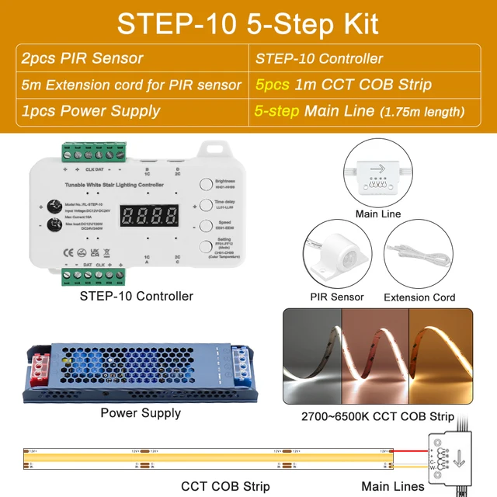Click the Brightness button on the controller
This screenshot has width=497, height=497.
pyautogui.click(x=206, y=185)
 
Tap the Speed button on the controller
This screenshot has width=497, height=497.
pyautogui.click(x=206, y=227)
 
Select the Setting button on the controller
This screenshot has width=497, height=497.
pyautogui.click(x=206, y=248)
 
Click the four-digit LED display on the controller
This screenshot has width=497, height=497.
pyautogui.click(x=148, y=216)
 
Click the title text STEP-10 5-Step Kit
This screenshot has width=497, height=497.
pyautogui.click(x=248, y=23)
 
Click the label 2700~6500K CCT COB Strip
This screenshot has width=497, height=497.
pyautogui.click(x=377, y=416)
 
